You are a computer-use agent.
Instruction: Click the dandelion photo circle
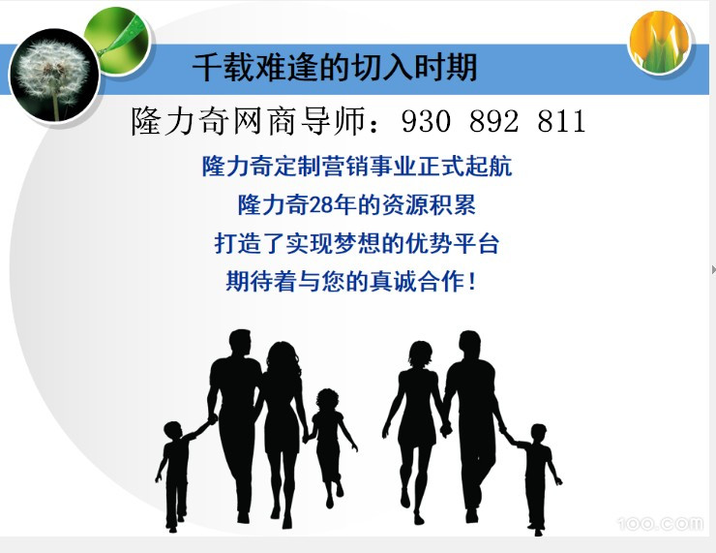[54, 76]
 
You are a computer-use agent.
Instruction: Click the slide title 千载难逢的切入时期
[335, 68]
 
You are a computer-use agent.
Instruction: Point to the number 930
[426, 122]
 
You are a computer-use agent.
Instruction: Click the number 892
[493, 122]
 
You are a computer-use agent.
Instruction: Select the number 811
[561, 122]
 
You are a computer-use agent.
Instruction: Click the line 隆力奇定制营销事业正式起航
[357, 166]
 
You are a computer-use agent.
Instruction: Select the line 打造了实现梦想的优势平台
[357, 243]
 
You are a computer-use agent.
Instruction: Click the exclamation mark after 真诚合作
[472, 282]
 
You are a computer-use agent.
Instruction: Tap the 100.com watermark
[660, 523]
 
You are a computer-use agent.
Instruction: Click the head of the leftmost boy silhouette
[173, 431]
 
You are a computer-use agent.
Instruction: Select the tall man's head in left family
[240, 343]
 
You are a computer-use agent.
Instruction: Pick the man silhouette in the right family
[472, 425]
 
